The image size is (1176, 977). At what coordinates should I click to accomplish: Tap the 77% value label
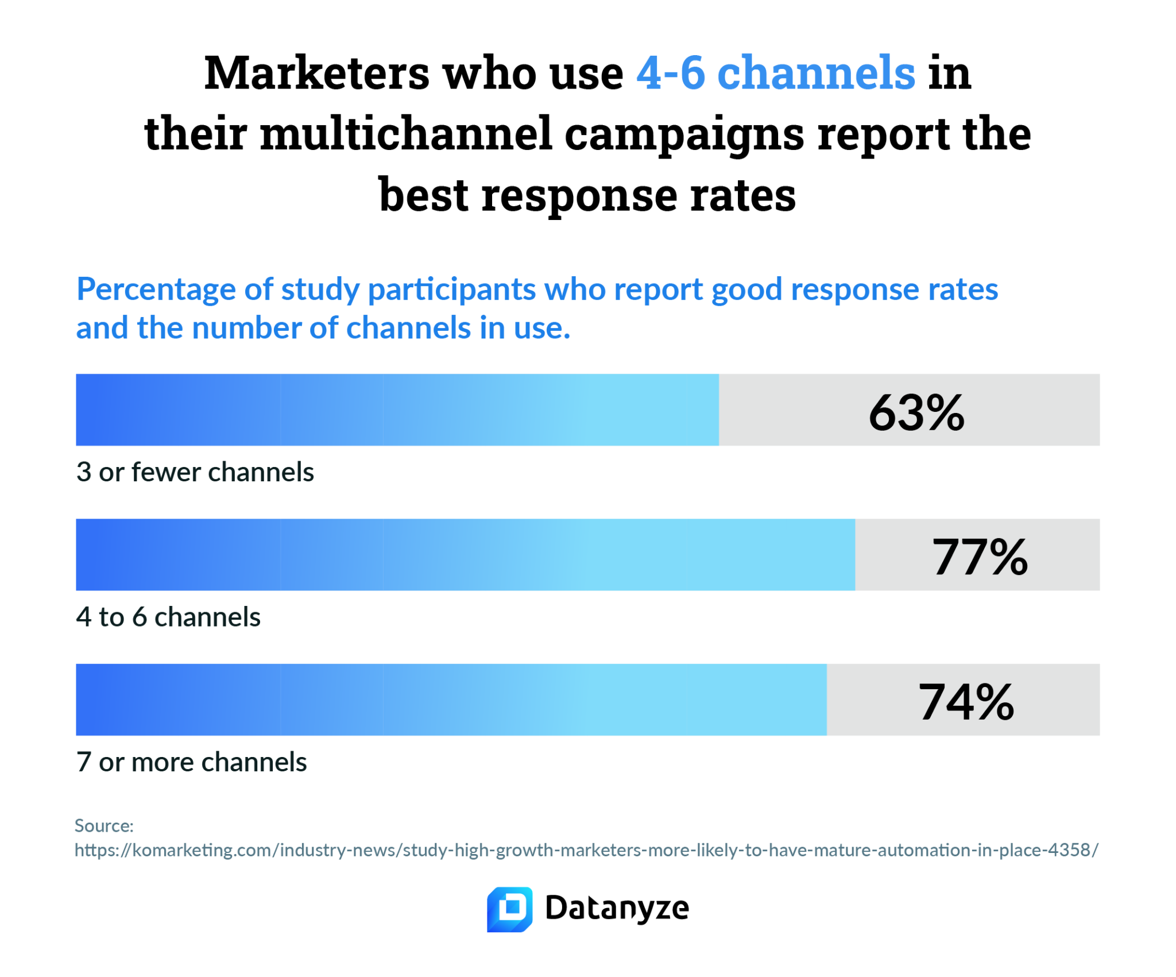pyautogui.click(x=980, y=557)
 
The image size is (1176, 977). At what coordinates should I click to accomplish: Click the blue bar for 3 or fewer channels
pyautogui.click(x=397, y=410)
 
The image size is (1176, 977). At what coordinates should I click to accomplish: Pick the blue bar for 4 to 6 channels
pyautogui.click(x=465, y=555)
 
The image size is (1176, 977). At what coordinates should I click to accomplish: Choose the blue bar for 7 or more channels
pyautogui.click(x=451, y=700)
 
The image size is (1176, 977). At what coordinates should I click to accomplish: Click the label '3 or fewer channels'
pyautogui.click(x=195, y=472)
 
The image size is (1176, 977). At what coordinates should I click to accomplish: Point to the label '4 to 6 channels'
pyautogui.click(x=168, y=617)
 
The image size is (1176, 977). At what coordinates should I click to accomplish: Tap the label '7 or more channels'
pyautogui.click(x=191, y=762)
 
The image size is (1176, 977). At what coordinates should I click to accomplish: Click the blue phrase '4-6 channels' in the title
pyautogui.click(x=776, y=73)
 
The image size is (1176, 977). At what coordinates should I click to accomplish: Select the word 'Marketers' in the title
pyautogui.click(x=316, y=73)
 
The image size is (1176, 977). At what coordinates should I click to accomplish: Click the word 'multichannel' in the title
pyautogui.click(x=406, y=134)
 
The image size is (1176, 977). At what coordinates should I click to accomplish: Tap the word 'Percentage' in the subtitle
pyautogui.click(x=156, y=289)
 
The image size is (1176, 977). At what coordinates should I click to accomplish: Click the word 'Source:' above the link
pyautogui.click(x=104, y=826)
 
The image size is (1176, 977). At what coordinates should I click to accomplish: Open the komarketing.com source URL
pyautogui.click(x=586, y=850)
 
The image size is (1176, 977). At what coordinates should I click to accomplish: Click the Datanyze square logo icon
pyautogui.click(x=509, y=909)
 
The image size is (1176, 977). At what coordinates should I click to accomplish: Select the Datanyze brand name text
pyautogui.click(x=617, y=909)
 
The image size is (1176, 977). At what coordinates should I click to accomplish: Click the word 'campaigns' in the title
pyautogui.click(x=684, y=134)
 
